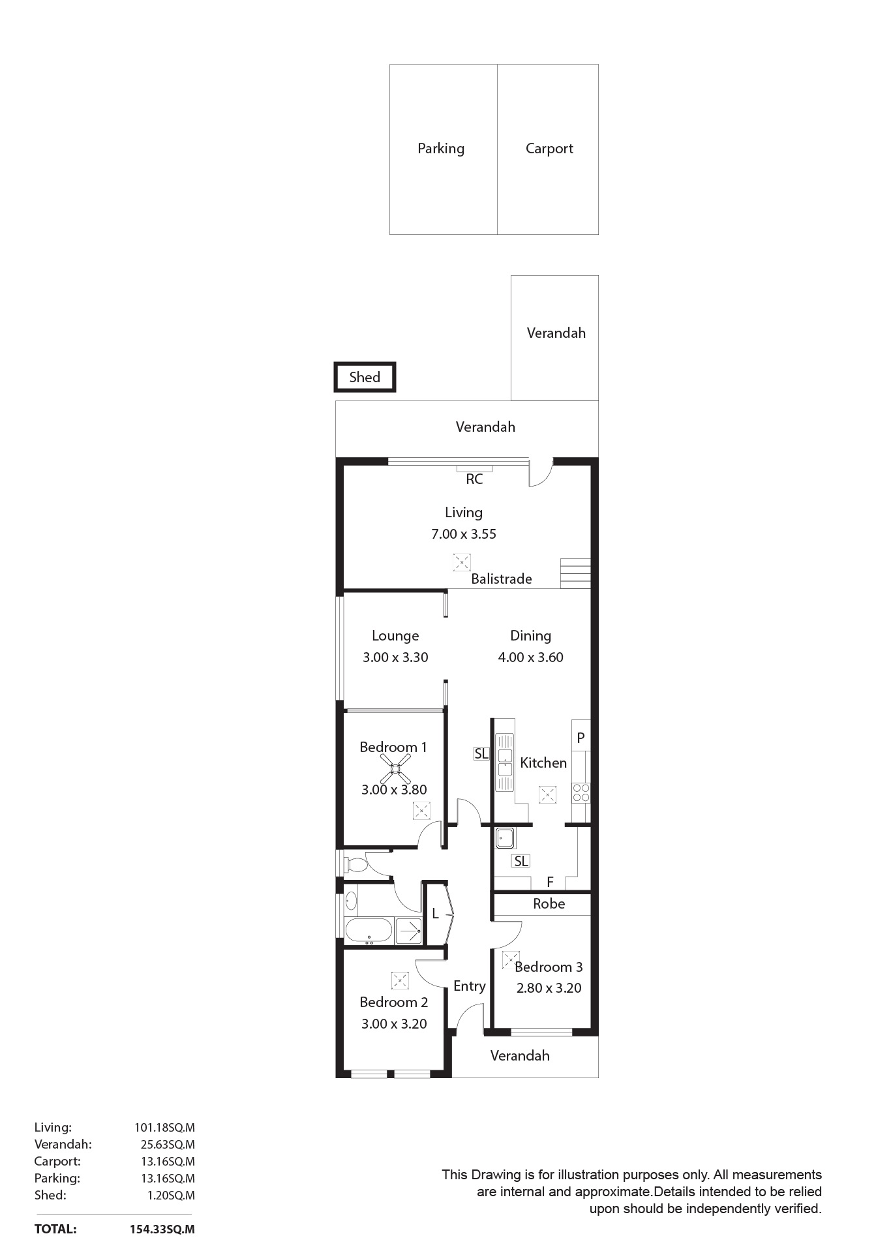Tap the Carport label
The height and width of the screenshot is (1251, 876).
(549, 149)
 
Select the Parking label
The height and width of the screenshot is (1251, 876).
(441, 149)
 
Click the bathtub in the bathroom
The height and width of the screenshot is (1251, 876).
(369, 931)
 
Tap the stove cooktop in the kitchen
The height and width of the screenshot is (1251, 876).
(581, 792)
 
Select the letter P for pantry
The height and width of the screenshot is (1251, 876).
(581, 738)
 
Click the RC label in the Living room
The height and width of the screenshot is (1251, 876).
(474, 479)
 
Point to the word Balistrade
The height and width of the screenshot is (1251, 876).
(502, 579)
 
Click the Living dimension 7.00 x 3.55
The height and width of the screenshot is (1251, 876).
(464, 534)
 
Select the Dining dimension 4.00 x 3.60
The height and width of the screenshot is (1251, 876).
(531, 657)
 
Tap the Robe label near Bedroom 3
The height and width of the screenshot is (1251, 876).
(549, 904)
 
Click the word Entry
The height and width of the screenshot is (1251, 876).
(470, 986)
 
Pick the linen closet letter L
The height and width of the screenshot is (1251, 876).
(435, 914)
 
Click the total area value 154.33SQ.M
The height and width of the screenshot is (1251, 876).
(162, 1229)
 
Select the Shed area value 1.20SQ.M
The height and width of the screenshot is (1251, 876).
(171, 1196)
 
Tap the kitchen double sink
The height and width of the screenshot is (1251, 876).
(505, 762)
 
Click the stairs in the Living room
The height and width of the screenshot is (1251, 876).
(575, 573)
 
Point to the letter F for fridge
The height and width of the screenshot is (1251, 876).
(551, 882)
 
